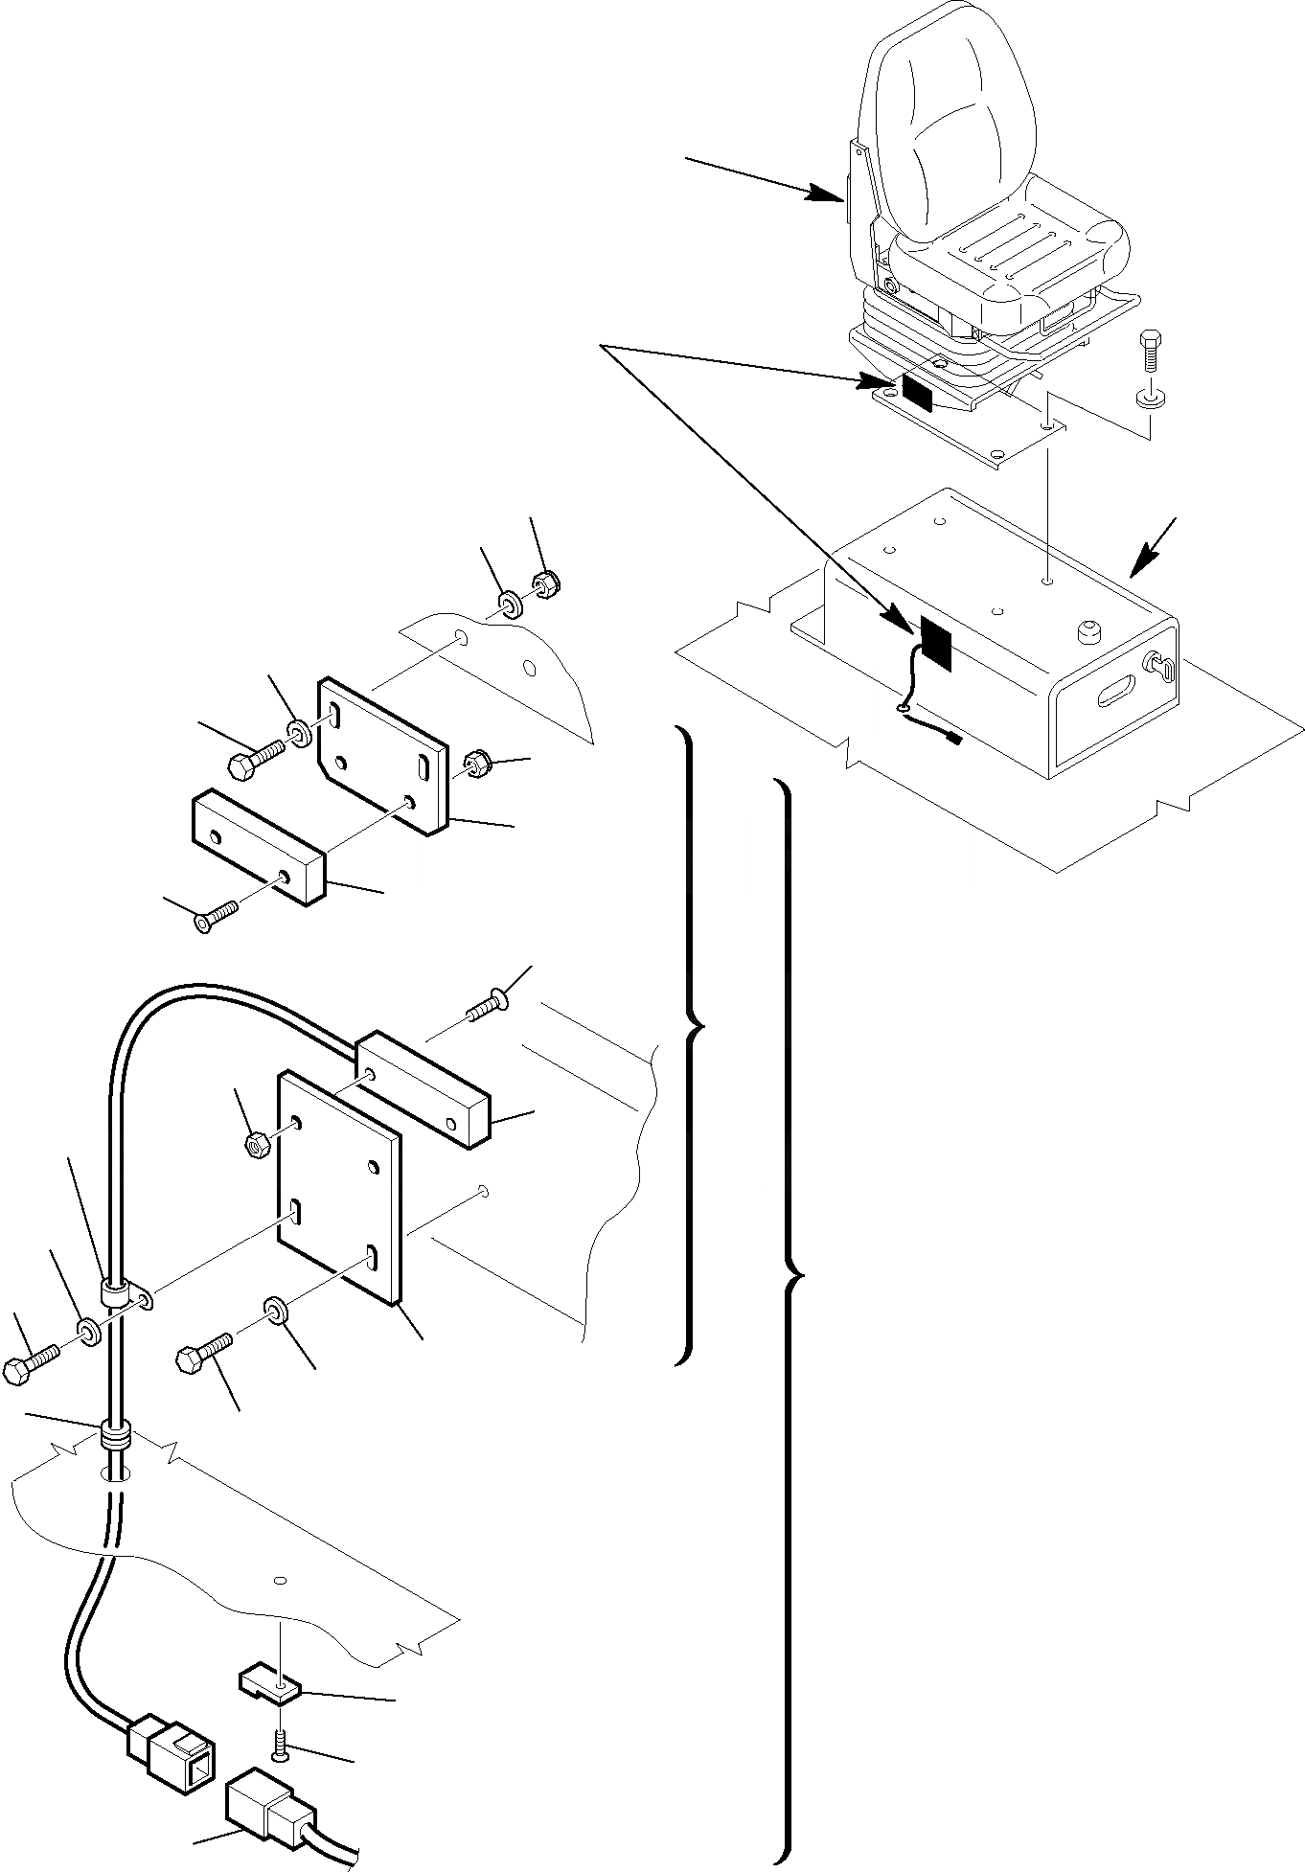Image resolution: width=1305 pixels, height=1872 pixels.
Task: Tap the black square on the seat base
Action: pos(916,391)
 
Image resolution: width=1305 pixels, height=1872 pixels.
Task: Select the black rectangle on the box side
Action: pos(935,642)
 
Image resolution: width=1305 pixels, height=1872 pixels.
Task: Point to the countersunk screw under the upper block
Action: pos(216,916)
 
